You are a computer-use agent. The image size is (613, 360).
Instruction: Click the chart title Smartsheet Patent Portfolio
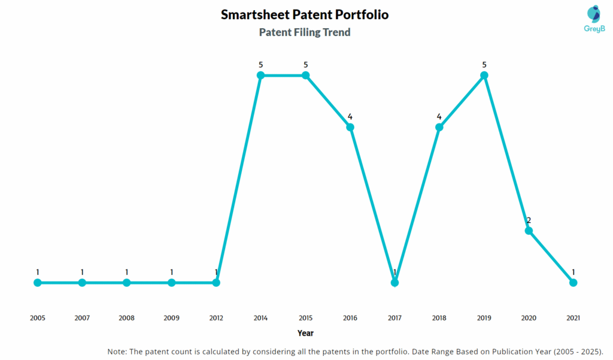click(305, 14)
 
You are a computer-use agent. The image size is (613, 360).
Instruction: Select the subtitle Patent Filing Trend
click(305, 32)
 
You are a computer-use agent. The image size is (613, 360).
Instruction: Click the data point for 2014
click(261, 75)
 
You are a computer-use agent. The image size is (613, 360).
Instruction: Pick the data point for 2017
click(394, 282)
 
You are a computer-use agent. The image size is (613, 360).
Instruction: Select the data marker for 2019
click(484, 75)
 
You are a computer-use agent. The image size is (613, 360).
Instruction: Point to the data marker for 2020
click(529, 231)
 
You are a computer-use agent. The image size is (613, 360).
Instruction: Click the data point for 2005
click(38, 282)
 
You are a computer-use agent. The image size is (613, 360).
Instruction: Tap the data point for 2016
click(350, 127)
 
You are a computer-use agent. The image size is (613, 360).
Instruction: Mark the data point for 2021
click(573, 282)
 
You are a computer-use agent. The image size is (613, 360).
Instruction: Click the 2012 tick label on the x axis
click(216, 318)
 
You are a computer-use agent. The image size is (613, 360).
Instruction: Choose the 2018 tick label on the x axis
click(439, 318)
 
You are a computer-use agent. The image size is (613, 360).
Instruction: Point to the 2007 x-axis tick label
click(82, 318)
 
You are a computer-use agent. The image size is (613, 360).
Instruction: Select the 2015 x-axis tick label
click(305, 318)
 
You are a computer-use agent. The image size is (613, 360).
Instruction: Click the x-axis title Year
click(305, 333)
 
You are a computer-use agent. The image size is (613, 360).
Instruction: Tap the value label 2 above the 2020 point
click(529, 220)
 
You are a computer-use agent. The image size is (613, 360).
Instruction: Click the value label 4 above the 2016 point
click(350, 116)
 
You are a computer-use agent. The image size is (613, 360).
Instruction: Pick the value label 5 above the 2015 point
click(305, 65)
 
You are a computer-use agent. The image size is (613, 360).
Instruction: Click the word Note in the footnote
click(118, 351)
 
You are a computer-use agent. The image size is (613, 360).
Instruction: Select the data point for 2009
click(172, 282)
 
